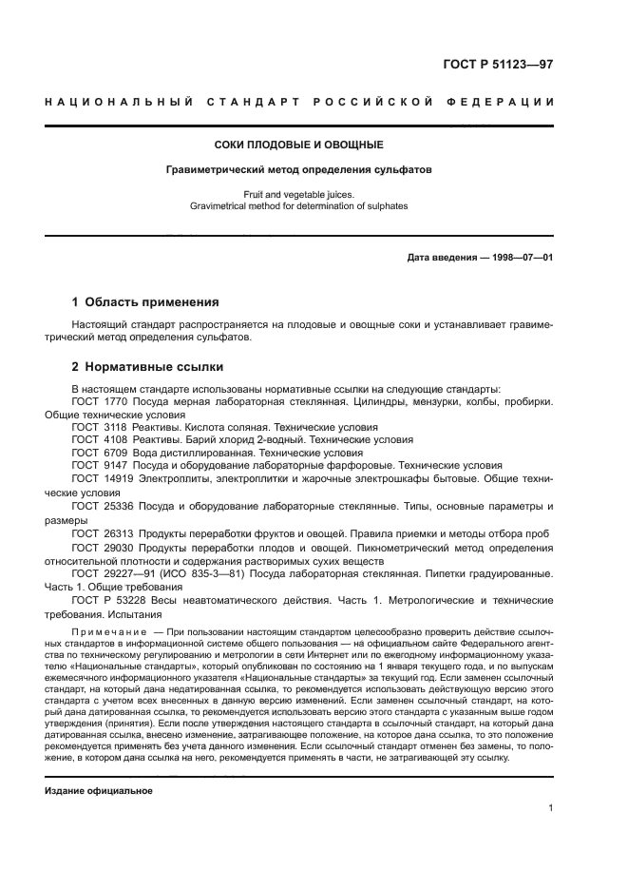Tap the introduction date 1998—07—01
pyautogui.click(x=521, y=257)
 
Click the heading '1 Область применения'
pyautogui.click(x=144, y=302)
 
